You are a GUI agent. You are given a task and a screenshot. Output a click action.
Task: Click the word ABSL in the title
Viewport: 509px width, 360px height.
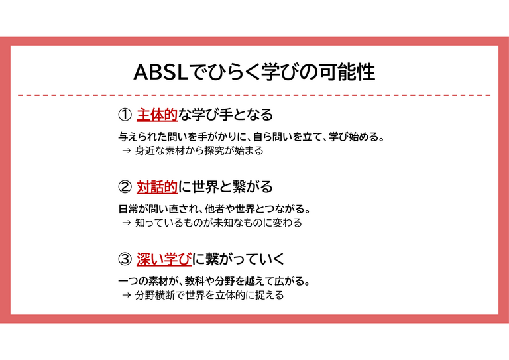click(x=161, y=72)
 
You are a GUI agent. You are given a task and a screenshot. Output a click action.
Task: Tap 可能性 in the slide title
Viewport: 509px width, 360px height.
click(x=347, y=72)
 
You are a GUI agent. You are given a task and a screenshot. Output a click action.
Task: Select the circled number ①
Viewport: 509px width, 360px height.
click(x=125, y=115)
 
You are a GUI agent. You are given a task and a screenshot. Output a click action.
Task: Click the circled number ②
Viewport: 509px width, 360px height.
click(x=125, y=187)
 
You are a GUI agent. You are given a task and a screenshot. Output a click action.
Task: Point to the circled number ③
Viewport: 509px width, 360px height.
click(x=125, y=259)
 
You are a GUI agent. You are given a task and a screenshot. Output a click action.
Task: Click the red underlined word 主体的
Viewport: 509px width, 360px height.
click(x=157, y=115)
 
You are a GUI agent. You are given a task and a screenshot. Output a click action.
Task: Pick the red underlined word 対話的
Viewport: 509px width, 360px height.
click(x=157, y=187)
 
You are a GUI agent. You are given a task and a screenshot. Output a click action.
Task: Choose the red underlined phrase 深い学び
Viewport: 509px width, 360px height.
click(x=164, y=259)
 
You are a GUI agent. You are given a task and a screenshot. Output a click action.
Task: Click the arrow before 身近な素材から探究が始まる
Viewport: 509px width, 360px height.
click(x=127, y=150)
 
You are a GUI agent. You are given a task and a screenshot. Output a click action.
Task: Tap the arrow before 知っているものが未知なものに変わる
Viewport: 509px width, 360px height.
click(x=127, y=223)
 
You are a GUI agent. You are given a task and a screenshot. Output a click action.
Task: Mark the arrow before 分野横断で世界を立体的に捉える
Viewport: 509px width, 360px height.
click(x=127, y=295)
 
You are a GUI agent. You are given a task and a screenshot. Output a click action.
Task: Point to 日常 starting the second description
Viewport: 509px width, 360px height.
click(x=128, y=209)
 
